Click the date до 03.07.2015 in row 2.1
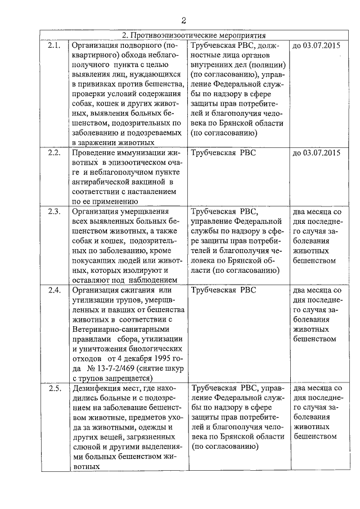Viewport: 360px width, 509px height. [317, 45]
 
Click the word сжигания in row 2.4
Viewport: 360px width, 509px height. [136, 290]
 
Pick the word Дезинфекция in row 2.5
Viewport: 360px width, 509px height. [96, 388]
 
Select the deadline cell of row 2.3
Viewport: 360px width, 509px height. [317, 236]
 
